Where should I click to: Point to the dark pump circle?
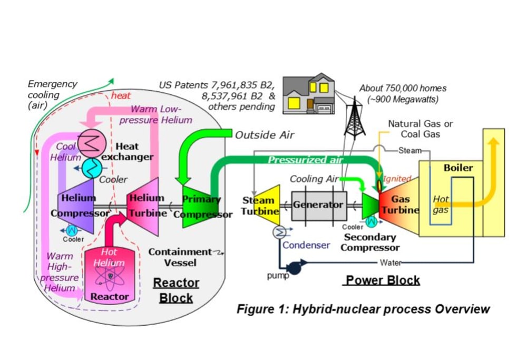(x=294, y=268)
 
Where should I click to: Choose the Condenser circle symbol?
(x=278, y=232)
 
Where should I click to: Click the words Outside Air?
(x=265, y=135)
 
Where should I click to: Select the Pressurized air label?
(x=306, y=160)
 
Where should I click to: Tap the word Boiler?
(x=458, y=168)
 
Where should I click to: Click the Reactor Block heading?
(x=176, y=290)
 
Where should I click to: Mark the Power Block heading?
(x=383, y=280)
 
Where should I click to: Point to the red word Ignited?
(x=397, y=179)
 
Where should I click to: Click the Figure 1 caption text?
(x=363, y=309)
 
